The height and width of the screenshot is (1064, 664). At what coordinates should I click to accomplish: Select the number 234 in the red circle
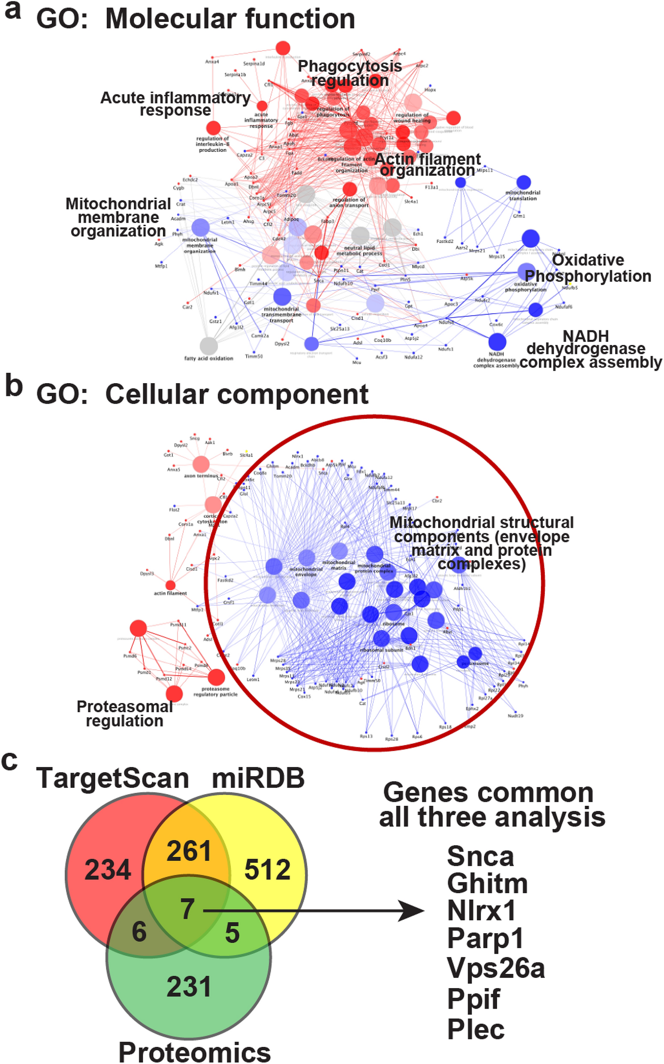(x=108, y=870)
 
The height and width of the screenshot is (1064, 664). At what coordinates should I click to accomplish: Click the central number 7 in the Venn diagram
(x=187, y=909)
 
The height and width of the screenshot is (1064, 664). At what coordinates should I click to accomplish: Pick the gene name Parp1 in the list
(x=485, y=938)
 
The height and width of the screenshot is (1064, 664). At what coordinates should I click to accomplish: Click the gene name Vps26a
(x=496, y=968)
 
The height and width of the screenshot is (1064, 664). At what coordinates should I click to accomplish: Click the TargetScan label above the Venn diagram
(x=112, y=778)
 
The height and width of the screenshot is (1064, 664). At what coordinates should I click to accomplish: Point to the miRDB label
(x=258, y=778)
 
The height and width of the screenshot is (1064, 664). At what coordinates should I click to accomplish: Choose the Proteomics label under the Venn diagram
(x=195, y=1052)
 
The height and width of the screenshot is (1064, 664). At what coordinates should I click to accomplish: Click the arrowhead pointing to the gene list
(x=413, y=912)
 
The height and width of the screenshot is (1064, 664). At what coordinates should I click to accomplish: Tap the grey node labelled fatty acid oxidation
(x=208, y=346)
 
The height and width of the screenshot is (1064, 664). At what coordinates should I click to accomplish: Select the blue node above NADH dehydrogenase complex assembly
(x=497, y=342)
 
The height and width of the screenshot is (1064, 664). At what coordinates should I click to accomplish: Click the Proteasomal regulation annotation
(x=125, y=713)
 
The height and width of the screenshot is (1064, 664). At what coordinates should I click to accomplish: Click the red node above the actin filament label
(x=170, y=585)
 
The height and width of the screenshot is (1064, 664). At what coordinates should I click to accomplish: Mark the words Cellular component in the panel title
(x=237, y=394)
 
